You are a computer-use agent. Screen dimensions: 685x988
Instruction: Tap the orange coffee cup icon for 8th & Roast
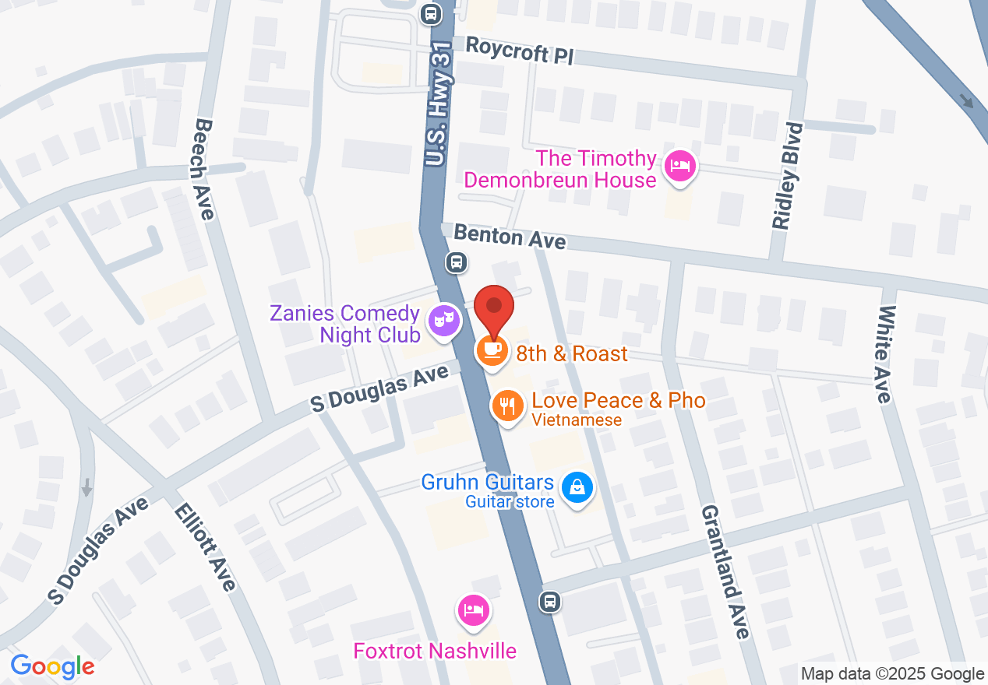tap(492, 351)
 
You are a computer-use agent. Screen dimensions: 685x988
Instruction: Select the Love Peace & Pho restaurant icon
tap(507, 406)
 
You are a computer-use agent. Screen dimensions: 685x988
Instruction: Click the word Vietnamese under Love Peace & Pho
tap(577, 420)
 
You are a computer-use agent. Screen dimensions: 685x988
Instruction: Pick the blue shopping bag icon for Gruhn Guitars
tap(577, 488)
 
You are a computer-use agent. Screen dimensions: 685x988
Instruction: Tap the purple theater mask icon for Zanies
tap(444, 320)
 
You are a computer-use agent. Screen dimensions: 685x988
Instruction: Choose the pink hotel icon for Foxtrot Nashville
tap(472, 610)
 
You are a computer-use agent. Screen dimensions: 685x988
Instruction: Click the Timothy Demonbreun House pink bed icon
tap(680, 167)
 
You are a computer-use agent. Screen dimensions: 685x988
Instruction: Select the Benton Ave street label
tap(510, 236)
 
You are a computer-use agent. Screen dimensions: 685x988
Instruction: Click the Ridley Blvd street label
tap(787, 176)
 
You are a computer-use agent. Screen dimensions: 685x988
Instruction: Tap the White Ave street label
tap(884, 354)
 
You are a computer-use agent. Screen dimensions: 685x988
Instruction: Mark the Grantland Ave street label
tap(725, 571)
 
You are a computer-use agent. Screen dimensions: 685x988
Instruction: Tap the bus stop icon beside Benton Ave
tap(457, 262)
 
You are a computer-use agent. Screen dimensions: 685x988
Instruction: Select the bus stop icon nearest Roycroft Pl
tap(430, 13)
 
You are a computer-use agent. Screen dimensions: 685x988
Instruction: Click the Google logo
tap(52, 666)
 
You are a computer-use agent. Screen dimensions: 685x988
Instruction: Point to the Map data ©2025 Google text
tap(892, 674)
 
